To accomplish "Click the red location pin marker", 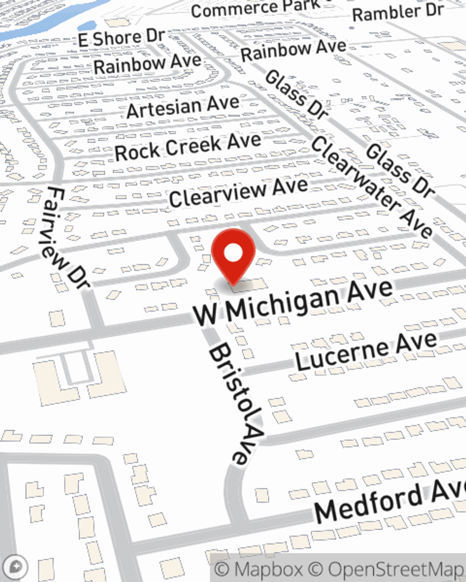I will [x=233, y=256].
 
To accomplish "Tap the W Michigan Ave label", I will [x=293, y=303].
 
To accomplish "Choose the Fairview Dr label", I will [x=68, y=237].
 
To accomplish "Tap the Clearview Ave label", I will [x=238, y=192].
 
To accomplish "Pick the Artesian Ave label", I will [x=183, y=108].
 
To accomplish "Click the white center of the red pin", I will [x=233, y=253].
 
